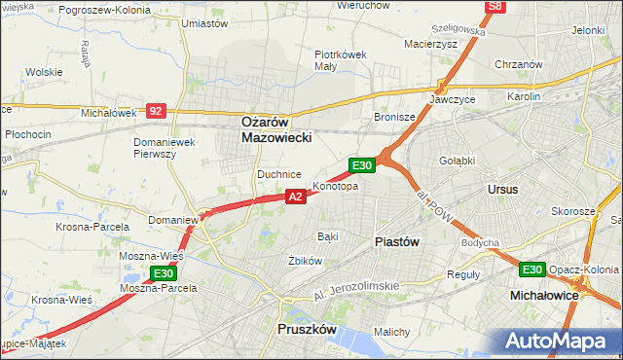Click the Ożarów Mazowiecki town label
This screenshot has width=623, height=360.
coord(276,130)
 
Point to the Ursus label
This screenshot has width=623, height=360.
coord(502,189)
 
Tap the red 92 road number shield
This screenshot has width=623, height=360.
coord(156,111)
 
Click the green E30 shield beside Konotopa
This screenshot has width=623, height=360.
coord(362,165)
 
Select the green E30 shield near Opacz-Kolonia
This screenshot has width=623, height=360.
coord(531,270)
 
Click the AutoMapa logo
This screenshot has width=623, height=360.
coord(558,342)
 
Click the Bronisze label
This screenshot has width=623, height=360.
coord(395,117)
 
